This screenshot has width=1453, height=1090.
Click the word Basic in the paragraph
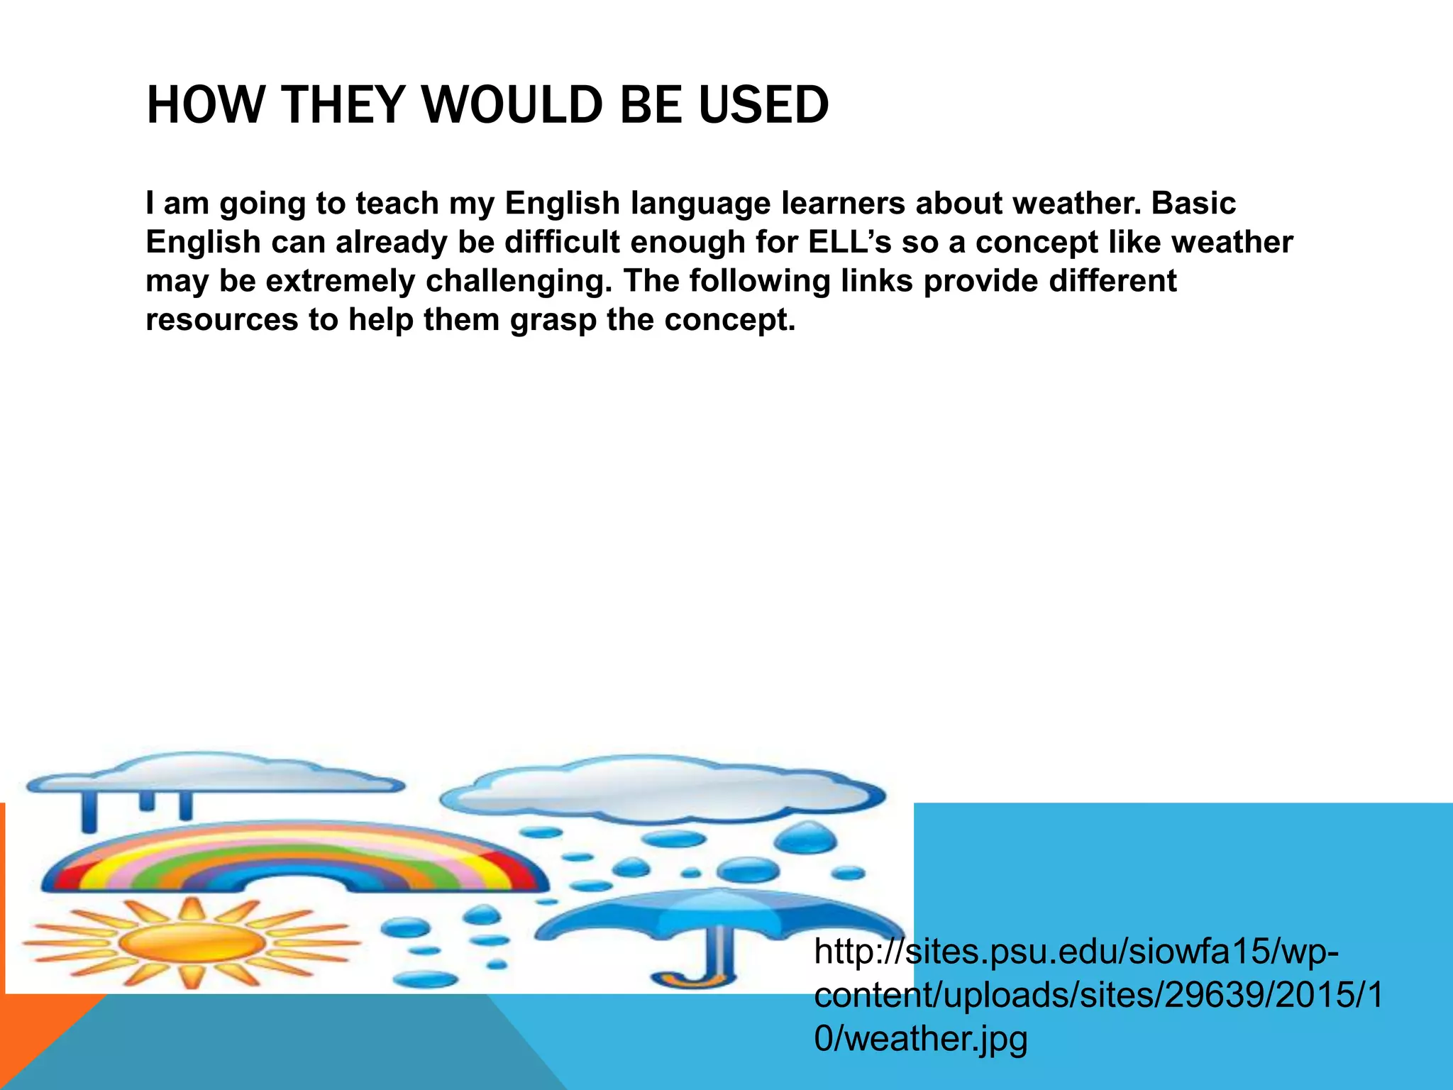(1193, 204)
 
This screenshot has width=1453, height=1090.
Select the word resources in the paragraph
(221, 321)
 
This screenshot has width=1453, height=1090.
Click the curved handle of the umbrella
(699, 976)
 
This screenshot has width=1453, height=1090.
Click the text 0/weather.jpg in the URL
(921, 1039)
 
